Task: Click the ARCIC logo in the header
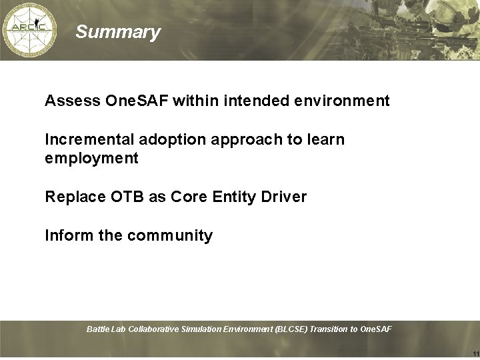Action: tap(29, 30)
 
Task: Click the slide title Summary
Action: tap(118, 32)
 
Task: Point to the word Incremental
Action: tap(89, 140)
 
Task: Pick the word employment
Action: tap(91, 159)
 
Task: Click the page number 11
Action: tap(474, 353)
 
